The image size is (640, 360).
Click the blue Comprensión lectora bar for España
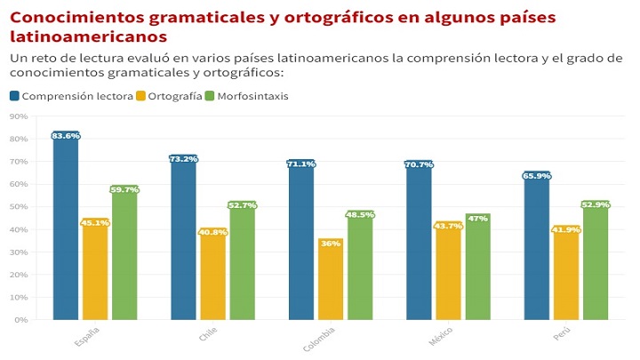click(x=65, y=231)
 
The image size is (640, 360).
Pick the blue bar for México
click(x=419, y=244)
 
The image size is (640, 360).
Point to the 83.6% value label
click(x=66, y=136)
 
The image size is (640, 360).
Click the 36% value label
click(x=331, y=244)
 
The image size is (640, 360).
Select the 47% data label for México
click(x=478, y=218)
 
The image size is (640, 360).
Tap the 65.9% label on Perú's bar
click(x=536, y=176)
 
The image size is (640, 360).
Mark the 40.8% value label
click(x=212, y=233)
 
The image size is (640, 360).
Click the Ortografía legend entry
click(x=169, y=96)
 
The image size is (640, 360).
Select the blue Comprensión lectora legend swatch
click(x=15, y=96)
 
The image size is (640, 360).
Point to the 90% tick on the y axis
click(x=19, y=116)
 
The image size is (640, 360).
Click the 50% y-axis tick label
click(x=19, y=207)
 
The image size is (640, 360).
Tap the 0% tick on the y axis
click(x=20, y=320)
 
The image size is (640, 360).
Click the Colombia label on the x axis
click(x=320, y=339)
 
